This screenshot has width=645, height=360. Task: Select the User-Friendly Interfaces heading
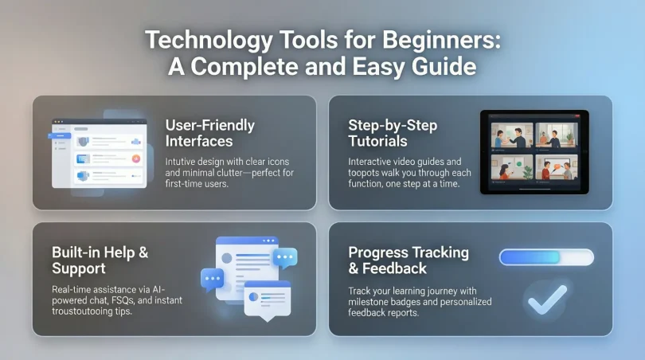click(x=209, y=133)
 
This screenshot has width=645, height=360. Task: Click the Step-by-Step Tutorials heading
click(x=393, y=133)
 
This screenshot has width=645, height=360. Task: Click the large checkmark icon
click(x=548, y=298)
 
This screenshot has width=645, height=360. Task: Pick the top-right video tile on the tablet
click(x=557, y=135)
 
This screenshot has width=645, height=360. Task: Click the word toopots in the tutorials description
click(x=367, y=173)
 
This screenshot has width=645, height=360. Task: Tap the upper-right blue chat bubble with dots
click(x=284, y=256)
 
